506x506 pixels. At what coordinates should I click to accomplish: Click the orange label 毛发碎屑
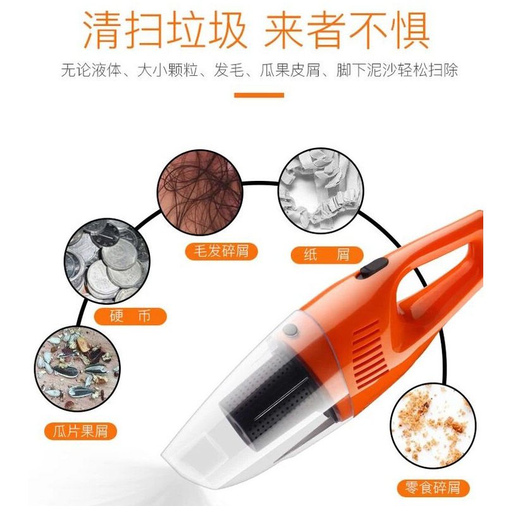point(221,251)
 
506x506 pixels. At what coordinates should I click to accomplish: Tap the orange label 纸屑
point(327,255)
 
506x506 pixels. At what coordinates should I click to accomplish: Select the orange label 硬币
point(130,316)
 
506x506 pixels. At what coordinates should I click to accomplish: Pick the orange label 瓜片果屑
point(80,431)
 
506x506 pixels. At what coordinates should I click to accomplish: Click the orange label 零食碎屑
point(433,488)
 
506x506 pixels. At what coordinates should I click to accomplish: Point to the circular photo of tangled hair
point(200,192)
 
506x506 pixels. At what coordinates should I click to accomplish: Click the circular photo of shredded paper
point(321,191)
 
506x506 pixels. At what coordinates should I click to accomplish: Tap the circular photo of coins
point(107,261)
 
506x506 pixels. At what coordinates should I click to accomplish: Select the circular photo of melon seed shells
point(77,369)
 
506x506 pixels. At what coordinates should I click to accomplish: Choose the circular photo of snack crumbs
point(433,426)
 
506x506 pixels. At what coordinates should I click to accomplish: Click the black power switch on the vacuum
point(374,267)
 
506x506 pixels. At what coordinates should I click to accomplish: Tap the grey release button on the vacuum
point(290,330)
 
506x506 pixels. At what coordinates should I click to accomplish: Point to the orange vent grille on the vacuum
point(370,354)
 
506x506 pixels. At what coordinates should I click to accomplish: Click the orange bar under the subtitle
point(259,96)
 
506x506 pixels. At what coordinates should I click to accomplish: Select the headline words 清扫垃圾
point(165,30)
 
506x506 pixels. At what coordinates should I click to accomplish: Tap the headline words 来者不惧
point(347,30)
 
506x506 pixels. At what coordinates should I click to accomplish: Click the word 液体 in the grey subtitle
point(107,70)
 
